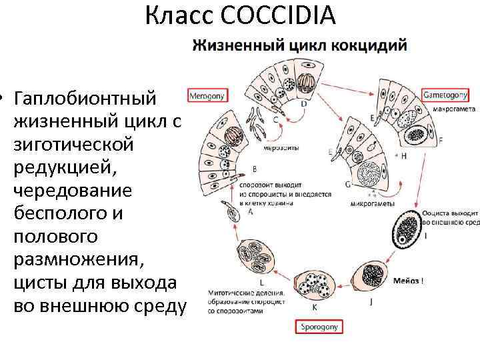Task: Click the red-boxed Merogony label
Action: pos(207,96)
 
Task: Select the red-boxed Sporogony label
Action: pos(317,327)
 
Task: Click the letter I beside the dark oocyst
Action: pos(426,236)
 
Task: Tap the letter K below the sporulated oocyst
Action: pos(315,307)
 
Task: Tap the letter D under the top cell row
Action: pos(304,105)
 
